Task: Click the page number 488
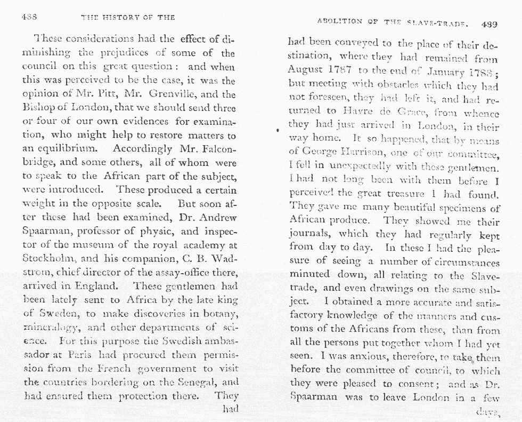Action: coord(29,17)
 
